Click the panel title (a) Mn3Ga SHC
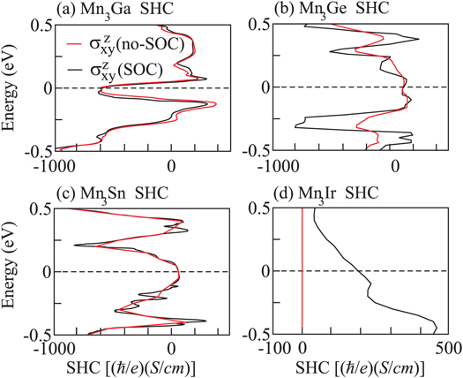point(110,10)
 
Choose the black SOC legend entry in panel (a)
point(140,67)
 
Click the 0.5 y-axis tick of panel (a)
point(41,26)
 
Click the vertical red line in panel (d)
point(302,265)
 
